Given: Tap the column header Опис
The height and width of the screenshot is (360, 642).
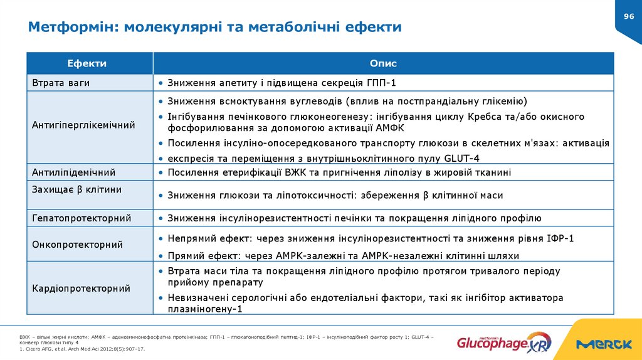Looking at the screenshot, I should (383, 63).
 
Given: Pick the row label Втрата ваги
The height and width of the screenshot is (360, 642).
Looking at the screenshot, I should (61, 83).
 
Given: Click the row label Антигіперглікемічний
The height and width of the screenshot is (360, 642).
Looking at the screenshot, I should (83, 125).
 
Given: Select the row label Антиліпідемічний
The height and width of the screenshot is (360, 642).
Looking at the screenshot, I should (73, 172).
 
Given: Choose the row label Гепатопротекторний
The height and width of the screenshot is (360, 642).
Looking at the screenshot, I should (82, 218).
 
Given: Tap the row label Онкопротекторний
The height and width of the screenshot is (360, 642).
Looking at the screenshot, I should (77, 245).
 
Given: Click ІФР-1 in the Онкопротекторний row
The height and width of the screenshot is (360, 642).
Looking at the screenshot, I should (560, 239).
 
